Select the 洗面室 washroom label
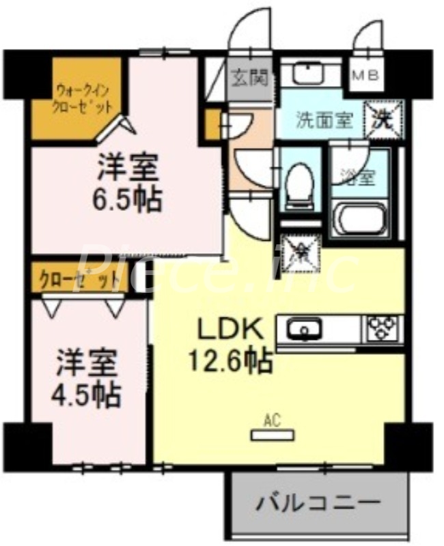click(324, 120)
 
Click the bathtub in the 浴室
click(361, 219)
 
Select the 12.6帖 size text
click(230, 360)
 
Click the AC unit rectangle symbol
click(273, 433)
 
